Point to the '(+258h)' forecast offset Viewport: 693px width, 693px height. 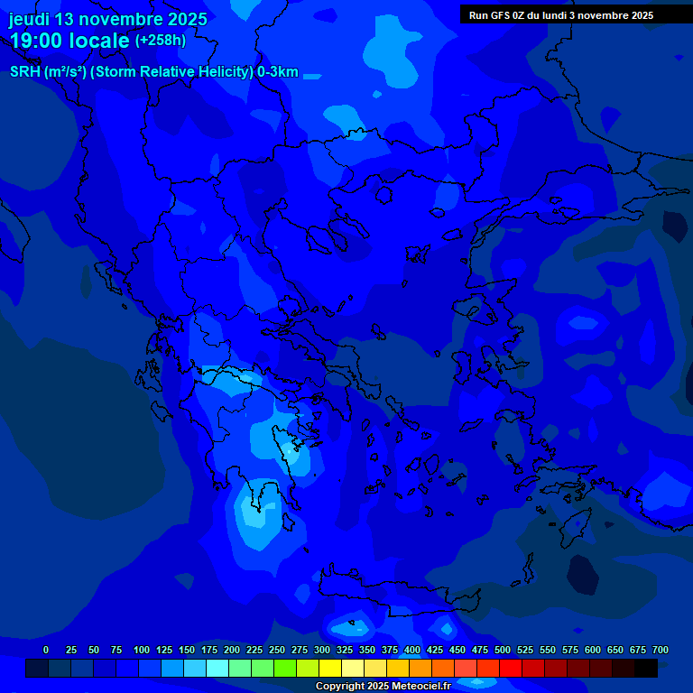(161, 40)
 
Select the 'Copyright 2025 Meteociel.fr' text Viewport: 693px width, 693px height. (383, 687)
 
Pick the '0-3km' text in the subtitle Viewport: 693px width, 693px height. (277, 72)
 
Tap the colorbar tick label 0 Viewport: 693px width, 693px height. (46, 650)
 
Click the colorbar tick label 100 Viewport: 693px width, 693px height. (142, 650)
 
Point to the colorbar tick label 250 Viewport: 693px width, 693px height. (277, 650)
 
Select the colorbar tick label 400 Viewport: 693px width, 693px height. (412, 650)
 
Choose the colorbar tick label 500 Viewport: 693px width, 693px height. (503, 650)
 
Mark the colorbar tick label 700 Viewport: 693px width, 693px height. (660, 650)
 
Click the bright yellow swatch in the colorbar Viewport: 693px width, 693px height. (330, 668)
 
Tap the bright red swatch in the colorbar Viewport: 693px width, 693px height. (511, 668)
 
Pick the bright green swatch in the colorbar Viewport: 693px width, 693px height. (285, 668)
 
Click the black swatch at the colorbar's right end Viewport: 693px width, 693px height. (646, 668)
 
